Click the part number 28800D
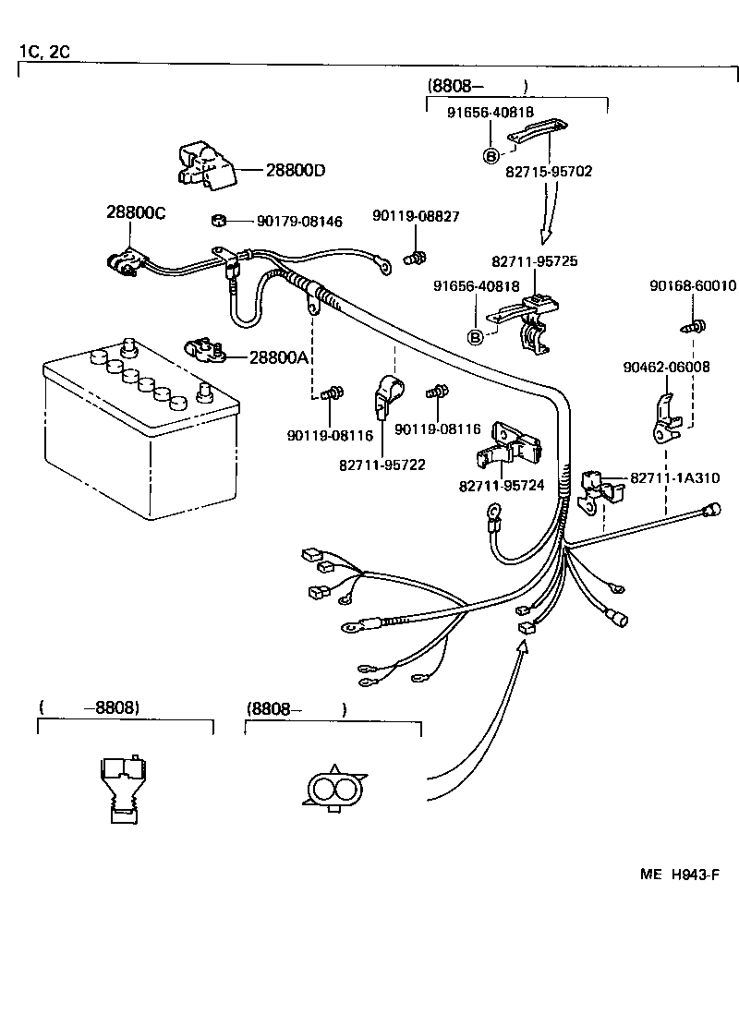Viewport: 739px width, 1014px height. tap(296, 170)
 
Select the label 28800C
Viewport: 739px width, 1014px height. tap(135, 213)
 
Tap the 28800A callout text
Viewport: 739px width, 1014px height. tap(278, 356)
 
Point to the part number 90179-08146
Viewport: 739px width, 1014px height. tap(299, 222)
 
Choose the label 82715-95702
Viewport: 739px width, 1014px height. tap(549, 171)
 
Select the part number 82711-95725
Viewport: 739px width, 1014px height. tap(534, 261)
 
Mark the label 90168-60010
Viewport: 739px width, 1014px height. tap(693, 286)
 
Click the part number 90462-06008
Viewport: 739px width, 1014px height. tap(666, 367)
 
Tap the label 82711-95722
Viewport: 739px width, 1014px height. tap(382, 465)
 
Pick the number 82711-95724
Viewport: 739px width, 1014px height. tap(502, 485)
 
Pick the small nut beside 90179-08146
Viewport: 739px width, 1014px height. tap(220, 222)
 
